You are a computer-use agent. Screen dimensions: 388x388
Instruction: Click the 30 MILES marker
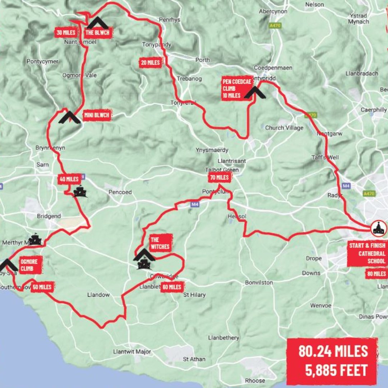[x=66, y=32]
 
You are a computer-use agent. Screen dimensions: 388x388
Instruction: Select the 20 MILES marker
[x=151, y=63]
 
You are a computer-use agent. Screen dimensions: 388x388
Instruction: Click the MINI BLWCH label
[x=96, y=115]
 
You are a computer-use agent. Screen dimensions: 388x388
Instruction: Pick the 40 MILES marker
[x=69, y=179]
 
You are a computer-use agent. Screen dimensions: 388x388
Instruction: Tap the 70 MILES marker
[x=219, y=177]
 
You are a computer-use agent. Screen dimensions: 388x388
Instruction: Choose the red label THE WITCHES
[x=160, y=243]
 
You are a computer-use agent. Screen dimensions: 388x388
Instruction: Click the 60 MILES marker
[x=172, y=287]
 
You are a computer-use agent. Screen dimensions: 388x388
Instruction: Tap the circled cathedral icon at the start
[x=379, y=228]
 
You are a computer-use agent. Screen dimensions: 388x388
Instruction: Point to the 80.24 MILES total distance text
[x=333, y=351]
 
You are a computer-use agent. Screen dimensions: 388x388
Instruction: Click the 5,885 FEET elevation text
[x=336, y=370]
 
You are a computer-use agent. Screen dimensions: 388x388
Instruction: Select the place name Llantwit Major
[x=132, y=351]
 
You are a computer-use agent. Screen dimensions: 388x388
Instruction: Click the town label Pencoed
[x=120, y=192]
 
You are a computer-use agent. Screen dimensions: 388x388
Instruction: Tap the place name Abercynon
[x=273, y=11]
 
